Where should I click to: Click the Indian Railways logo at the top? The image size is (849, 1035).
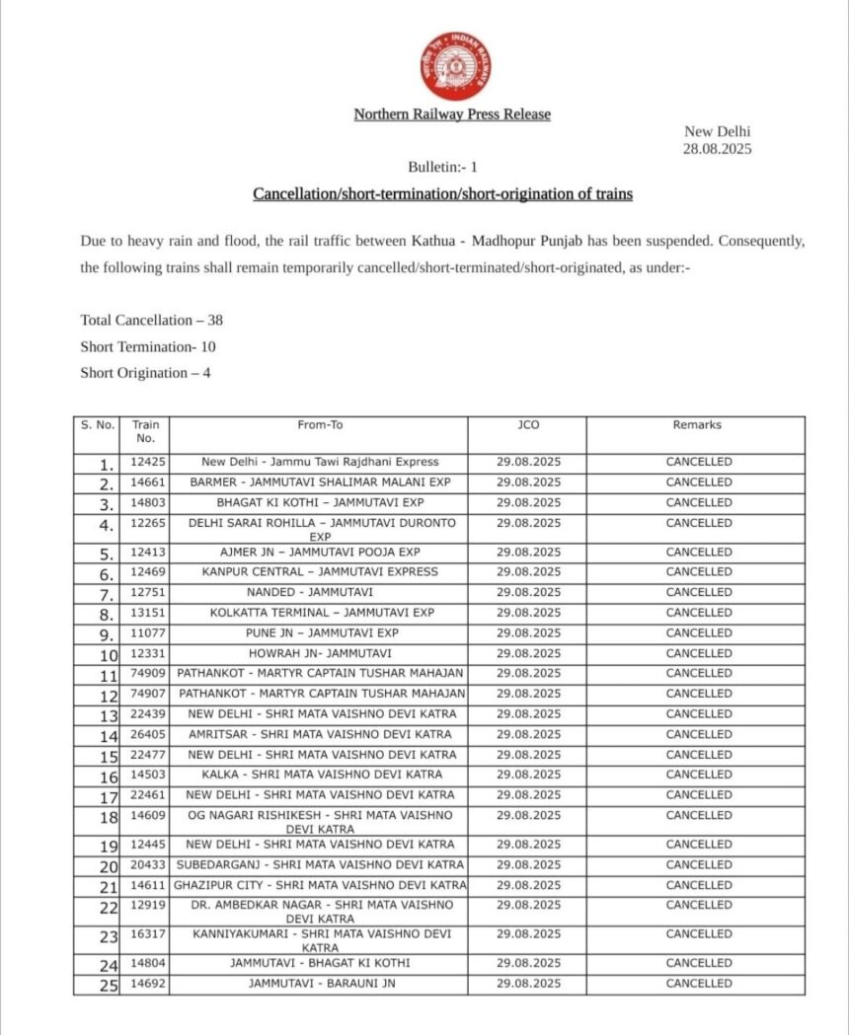pyautogui.click(x=455, y=66)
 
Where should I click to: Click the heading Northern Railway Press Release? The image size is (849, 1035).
pyautogui.click(x=452, y=114)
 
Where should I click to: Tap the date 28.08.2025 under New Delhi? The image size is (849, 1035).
pyautogui.click(x=718, y=149)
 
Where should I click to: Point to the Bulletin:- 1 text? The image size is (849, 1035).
pyautogui.click(x=443, y=168)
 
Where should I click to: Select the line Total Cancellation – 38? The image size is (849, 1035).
pyautogui.click(x=144, y=321)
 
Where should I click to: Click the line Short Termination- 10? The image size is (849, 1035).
pyautogui.click(x=148, y=346)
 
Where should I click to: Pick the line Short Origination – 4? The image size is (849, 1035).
pyautogui.click(x=145, y=372)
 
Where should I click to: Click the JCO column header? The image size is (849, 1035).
pyautogui.click(x=528, y=425)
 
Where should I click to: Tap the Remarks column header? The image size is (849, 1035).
pyautogui.click(x=698, y=425)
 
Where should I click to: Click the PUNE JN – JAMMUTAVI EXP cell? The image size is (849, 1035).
pyautogui.click(x=320, y=632)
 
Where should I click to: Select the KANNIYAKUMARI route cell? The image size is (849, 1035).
pyautogui.click(x=320, y=940)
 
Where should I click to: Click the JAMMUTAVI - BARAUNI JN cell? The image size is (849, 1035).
pyautogui.click(x=320, y=983)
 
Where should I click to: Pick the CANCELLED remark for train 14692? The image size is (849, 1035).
pyautogui.click(x=698, y=983)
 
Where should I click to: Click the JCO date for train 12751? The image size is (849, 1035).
pyautogui.click(x=528, y=592)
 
